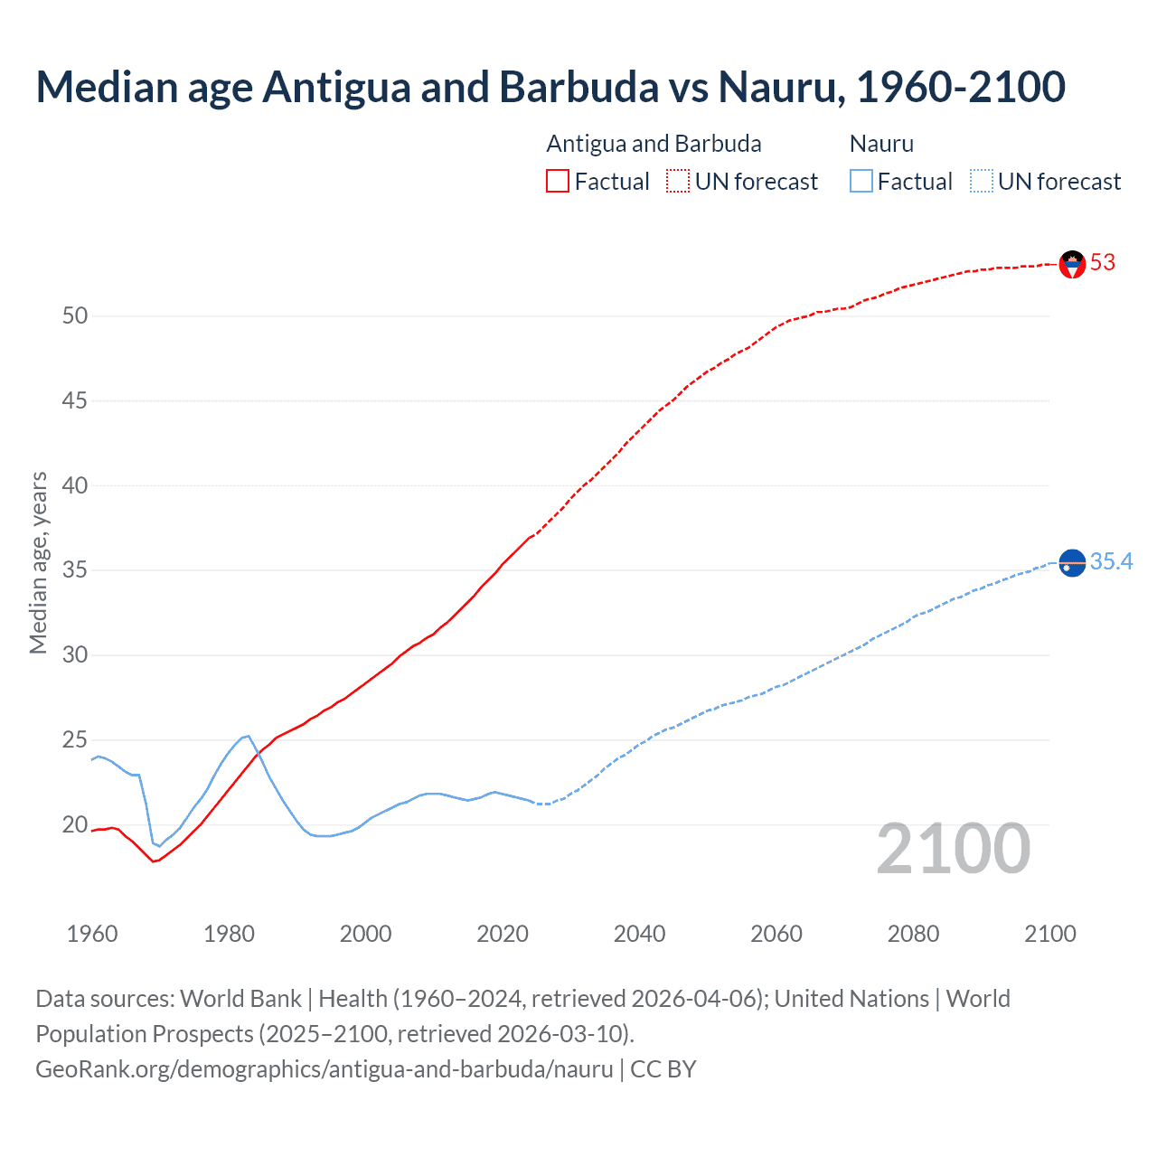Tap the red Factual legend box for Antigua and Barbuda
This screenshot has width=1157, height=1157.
pos(558,182)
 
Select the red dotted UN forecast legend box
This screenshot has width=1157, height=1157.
pos(678,182)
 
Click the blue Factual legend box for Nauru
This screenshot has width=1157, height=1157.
pos(861,182)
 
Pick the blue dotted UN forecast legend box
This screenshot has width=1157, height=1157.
pos(981,182)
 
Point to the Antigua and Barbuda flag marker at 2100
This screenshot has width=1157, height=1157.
pos(1072,264)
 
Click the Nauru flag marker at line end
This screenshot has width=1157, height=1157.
pos(1072,563)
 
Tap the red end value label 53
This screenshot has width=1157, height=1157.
pos(1103,263)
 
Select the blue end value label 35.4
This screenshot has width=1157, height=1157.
pos(1111,562)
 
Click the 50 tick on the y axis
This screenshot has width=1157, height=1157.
pos(75,316)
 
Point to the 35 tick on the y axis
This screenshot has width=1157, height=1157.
pos(75,570)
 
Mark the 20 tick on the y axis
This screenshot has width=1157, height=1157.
pos(75,825)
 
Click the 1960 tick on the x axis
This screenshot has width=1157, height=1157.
pos(92,934)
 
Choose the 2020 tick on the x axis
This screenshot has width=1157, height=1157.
pos(503,934)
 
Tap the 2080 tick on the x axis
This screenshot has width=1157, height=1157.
pos(913,934)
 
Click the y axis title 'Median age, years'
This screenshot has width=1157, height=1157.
pos(38,562)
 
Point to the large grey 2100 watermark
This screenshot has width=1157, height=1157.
pos(953,849)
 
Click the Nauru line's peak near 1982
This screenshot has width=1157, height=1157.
pos(247,736)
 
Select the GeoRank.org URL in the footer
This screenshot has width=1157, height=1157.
pos(325,1069)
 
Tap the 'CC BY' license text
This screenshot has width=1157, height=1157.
pos(663,1069)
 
